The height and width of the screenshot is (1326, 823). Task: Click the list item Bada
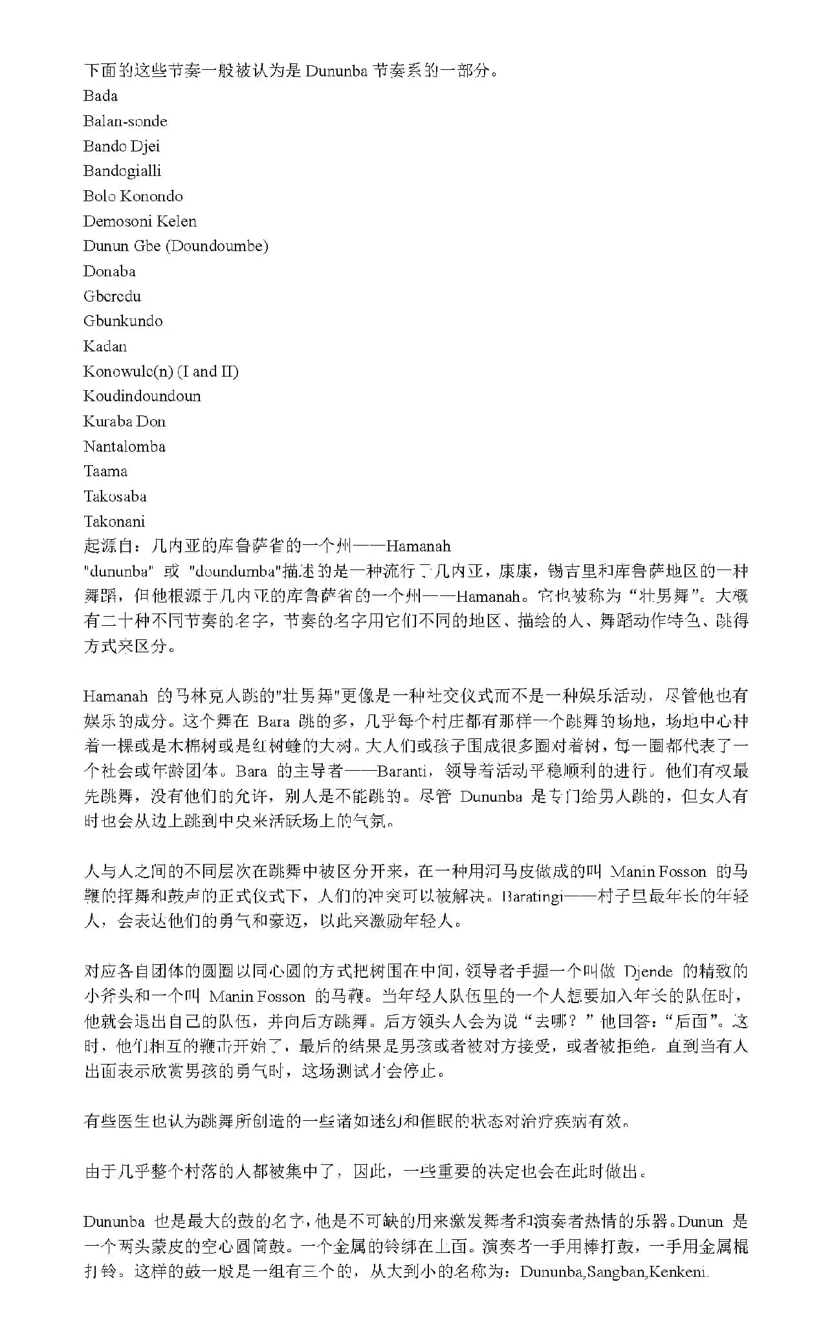tap(100, 96)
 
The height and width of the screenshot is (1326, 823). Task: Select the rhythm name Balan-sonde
tap(125, 121)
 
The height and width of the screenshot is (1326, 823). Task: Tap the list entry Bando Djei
tap(122, 146)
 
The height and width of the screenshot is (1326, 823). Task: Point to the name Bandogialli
tap(122, 171)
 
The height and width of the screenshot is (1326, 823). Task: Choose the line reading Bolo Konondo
tap(133, 196)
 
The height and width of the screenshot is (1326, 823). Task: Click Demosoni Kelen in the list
tap(140, 221)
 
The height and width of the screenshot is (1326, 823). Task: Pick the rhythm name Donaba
tap(109, 271)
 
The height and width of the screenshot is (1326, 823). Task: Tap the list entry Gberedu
tap(112, 296)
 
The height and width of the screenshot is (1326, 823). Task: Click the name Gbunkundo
tap(123, 321)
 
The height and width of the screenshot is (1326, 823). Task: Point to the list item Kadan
tap(105, 346)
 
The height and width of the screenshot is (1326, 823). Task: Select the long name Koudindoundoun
tap(142, 396)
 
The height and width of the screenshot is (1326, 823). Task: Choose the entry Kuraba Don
tap(124, 421)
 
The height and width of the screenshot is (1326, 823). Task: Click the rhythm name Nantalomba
tap(124, 447)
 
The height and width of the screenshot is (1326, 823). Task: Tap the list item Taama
tap(105, 471)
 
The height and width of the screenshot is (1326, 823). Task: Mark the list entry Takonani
tap(114, 522)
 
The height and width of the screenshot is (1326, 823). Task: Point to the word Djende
tap(648, 971)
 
